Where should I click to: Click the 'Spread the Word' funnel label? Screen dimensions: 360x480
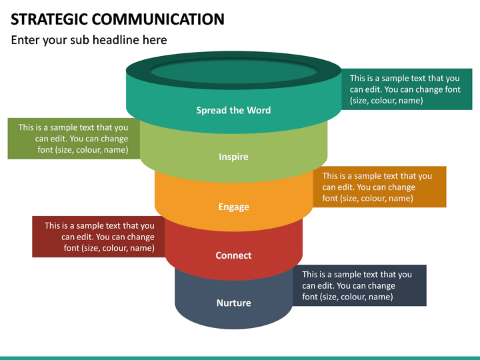pyautogui.click(x=233, y=110)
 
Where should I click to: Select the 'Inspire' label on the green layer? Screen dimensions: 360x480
pyautogui.click(x=233, y=157)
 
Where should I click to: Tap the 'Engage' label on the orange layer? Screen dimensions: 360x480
pyautogui.click(x=233, y=207)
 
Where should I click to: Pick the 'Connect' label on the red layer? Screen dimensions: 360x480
pyautogui.click(x=233, y=255)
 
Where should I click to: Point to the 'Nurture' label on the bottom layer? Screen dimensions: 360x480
pyautogui.click(x=233, y=303)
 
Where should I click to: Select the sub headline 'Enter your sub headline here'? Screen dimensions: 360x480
pyautogui.click(x=89, y=40)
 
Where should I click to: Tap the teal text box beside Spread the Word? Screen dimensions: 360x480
pyautogui.click(x=407, y=89)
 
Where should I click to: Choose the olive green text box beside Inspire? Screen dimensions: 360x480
pyautogui.click(x=73, y=139)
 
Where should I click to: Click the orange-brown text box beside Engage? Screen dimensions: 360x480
pyautogui.click(x=379, y=187)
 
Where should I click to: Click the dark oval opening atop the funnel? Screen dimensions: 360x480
pyautogui.click(x=233, y=71)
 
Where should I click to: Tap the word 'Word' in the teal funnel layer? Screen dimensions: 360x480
pyautogui.click(x=259, y=110)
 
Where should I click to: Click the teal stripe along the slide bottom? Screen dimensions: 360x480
pyautogui.click(x=240, y=357)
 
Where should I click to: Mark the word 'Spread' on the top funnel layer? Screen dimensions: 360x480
pyautogui.click(x=211, y=110)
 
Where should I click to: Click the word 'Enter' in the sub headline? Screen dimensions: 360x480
pyautogui.click(x=26, y=40)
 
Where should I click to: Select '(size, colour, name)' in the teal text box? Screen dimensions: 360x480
pyautogui.click(x=387, y=101)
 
